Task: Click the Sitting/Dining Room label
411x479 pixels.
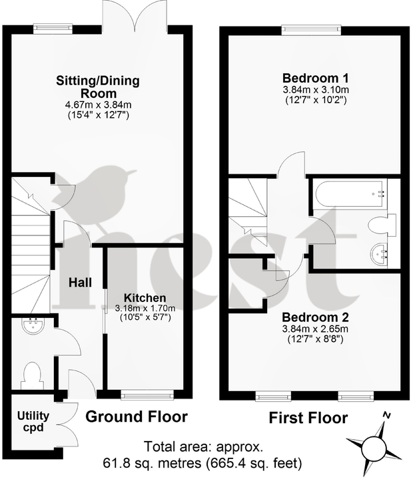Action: [x=98, y=88]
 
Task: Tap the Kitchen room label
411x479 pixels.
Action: [x=145, y=297]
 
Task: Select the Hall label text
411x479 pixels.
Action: [x=80, y=282]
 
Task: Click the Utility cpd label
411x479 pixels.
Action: [x=31, y=421]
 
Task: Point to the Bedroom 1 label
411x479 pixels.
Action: [x=313, y=77]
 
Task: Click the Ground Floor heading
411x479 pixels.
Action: [x=137, y=417]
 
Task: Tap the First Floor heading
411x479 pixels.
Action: [x=308, y=418]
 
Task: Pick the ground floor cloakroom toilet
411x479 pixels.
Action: [x=32, y=375]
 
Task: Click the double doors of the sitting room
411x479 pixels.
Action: [x=136, y=15]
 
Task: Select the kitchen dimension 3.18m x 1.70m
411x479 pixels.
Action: [x=145, y=308]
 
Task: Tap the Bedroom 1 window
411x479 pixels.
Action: [x=309, y=29]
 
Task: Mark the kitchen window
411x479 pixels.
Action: [x=147, y=395]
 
